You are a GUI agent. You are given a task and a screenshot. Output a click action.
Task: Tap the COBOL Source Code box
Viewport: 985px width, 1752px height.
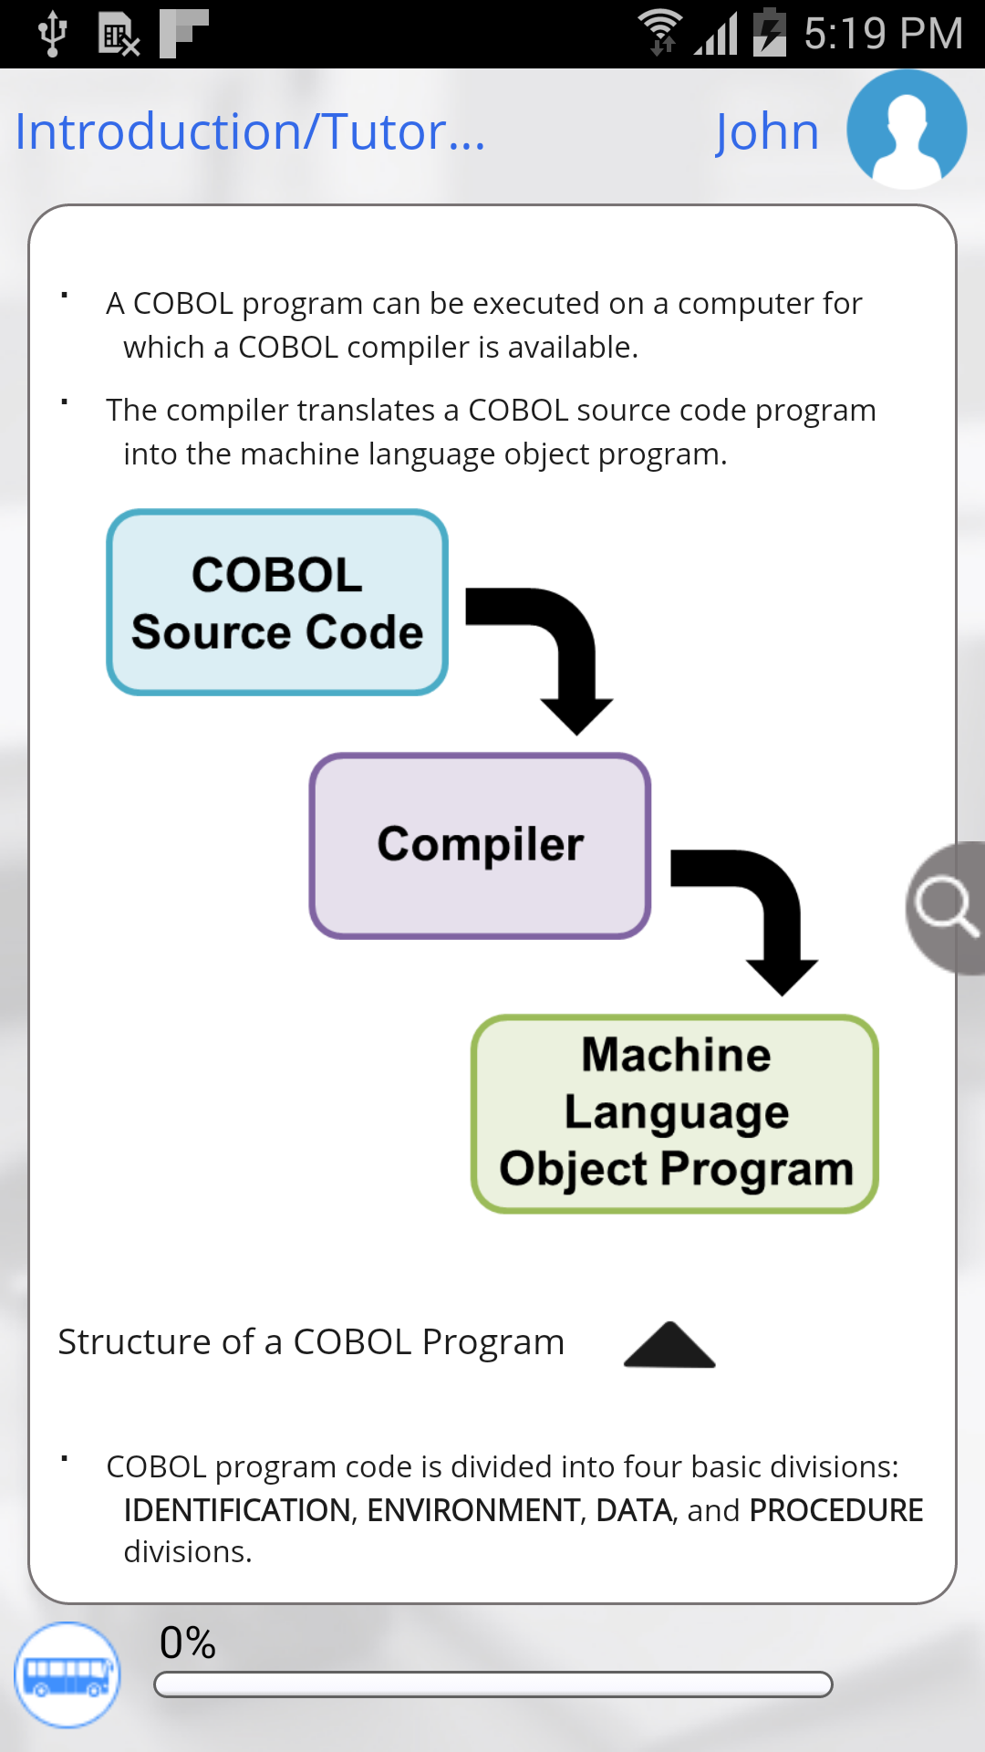(277, 603)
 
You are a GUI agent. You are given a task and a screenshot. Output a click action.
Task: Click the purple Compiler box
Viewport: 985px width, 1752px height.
(480, 846)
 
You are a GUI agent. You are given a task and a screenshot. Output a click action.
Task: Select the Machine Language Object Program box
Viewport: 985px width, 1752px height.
(675, 1114)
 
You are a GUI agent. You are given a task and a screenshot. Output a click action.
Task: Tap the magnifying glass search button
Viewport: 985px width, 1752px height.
(947, 907)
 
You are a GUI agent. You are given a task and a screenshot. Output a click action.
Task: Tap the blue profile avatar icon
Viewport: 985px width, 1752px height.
(906, 130)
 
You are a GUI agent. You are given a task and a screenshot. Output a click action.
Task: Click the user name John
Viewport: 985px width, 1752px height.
(766, 132)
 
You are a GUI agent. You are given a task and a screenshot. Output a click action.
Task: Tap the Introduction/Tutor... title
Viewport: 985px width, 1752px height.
(250, 132)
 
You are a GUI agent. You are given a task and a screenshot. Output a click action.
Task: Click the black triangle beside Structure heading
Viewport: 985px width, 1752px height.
(669, 1345)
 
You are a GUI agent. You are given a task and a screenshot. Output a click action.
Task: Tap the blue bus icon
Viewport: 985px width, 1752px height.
(67, 1675)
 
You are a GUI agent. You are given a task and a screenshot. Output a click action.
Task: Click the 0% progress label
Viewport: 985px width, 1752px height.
(187, 1643)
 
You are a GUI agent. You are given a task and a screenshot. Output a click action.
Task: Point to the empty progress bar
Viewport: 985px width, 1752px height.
(493, 1684)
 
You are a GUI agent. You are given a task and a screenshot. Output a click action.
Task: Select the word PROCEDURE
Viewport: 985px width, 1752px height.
(835, 1511)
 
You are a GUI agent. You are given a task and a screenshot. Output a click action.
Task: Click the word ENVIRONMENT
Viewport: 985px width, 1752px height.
(472, 1511)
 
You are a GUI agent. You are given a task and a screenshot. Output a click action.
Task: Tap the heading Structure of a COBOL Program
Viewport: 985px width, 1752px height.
(311, 1342)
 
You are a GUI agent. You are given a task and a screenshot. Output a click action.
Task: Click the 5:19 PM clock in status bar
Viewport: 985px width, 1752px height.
(883, 35)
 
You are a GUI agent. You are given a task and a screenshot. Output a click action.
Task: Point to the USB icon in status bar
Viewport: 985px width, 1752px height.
(52, 34)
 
